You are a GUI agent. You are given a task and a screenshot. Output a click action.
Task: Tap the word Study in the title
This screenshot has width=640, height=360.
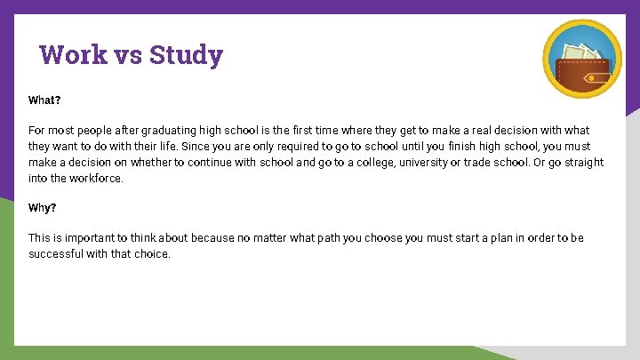coord(186,55)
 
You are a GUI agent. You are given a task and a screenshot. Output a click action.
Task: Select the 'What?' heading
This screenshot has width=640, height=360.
coord(44,100)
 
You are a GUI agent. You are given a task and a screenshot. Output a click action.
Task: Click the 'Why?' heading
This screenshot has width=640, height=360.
coord(43,207)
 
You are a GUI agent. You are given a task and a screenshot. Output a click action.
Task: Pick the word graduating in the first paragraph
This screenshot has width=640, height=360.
coord(164,131)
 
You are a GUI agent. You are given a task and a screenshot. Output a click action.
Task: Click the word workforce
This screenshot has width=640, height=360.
coord(97,179)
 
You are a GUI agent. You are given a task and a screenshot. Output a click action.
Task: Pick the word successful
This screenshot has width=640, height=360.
coord(55,254)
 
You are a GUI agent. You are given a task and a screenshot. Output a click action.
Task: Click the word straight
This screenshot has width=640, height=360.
coord(582,163)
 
